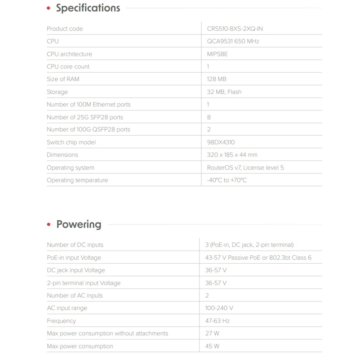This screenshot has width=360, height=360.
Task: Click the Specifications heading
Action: (88, 8)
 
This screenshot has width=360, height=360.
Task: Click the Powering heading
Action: (79, 225)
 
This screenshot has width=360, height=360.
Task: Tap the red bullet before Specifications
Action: (49, 9)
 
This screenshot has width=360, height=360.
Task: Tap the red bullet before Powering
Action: (49, 225)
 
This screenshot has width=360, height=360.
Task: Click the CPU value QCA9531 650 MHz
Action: (233, 41)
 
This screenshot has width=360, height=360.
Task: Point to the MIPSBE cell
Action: (217, 54)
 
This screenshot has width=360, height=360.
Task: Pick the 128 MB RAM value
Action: (217, 79)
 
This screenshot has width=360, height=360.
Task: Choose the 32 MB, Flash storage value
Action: (224, 92)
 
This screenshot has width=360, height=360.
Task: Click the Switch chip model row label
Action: (71, 142)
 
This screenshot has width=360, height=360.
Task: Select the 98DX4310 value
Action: (221, 142)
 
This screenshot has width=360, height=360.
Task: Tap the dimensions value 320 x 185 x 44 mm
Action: (232, 155)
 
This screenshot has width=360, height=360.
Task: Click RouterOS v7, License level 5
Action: (246, 167)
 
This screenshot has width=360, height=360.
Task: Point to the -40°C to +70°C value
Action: (227, 180)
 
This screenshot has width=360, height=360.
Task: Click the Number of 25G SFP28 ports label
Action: (85, 117)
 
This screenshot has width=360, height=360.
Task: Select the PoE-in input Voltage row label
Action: (74, 258)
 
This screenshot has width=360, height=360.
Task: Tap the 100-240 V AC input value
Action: (219, 308)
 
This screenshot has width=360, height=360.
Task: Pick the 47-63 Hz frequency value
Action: (217, 321)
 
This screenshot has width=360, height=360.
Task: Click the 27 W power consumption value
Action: (212, 333)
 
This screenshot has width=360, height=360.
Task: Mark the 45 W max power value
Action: (212, 346)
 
